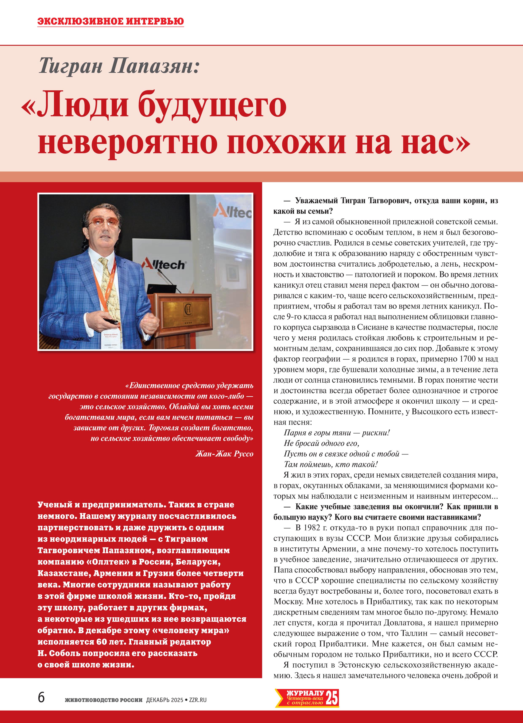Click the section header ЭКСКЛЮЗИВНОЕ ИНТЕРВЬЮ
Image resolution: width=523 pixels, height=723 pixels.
[111, 21]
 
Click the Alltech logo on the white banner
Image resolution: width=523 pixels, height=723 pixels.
[164, 264]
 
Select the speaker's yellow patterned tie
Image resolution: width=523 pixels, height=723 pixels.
[109, 287]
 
